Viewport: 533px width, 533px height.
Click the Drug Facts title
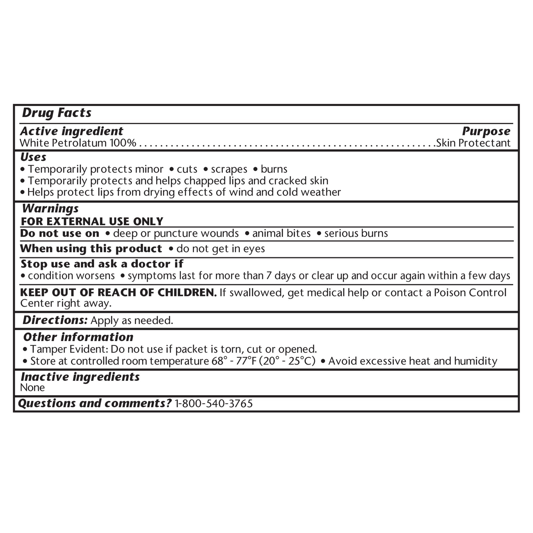56,113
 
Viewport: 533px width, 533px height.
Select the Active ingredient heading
71,131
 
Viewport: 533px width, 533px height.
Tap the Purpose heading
486,131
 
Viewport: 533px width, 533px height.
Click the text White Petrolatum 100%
78,143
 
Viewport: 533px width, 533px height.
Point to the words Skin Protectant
473,143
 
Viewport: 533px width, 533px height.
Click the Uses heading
33,157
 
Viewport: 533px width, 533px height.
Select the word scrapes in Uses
229,169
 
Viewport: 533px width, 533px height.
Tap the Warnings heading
50,209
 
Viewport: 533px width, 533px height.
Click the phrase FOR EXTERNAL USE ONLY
92,221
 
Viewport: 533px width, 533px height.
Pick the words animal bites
281,233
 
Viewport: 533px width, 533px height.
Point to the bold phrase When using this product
91,249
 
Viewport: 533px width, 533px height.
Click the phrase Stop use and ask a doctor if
102,264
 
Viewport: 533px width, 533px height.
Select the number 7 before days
269,276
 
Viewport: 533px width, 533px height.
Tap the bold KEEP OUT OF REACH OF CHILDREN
118,293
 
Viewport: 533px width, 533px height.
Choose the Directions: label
55,320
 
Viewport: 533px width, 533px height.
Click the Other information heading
78,337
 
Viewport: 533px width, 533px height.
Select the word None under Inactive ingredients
32,387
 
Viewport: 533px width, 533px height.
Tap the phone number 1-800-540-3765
214,403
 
